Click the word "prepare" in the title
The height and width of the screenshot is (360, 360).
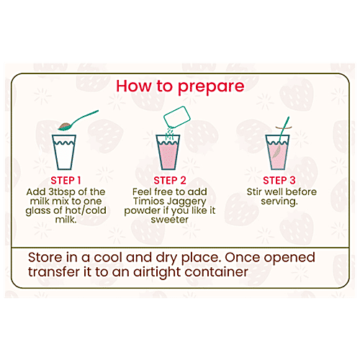[211, 87]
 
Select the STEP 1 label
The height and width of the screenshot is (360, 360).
[66, 181]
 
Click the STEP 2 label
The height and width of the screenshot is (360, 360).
[170, 181]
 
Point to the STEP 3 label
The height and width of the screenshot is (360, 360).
[279, 181]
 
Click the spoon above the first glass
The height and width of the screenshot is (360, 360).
[77, 121]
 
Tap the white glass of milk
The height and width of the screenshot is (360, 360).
[64, 152]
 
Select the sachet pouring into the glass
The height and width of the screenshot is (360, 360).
[177, 117]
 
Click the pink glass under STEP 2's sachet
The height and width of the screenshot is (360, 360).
[168, 152]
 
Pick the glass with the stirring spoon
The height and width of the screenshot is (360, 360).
[277, 152]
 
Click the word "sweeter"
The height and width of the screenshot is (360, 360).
[170, 220]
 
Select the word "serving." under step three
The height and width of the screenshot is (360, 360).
[279, 202]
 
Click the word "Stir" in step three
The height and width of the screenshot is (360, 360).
[255, 192]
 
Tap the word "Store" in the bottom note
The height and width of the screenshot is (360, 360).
[45, 257]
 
